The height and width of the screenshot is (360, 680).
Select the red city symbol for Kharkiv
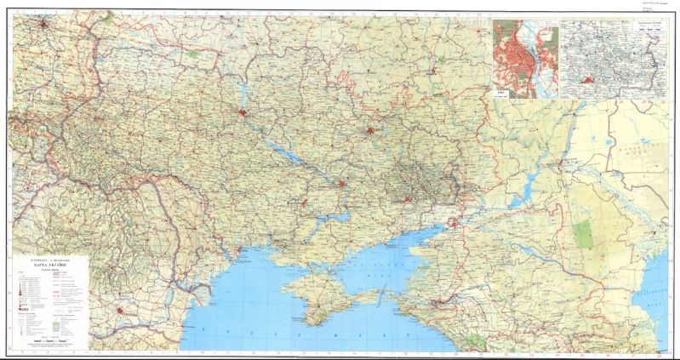click(370, 130)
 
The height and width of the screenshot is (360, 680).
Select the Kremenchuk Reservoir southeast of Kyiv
click(285, 153)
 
